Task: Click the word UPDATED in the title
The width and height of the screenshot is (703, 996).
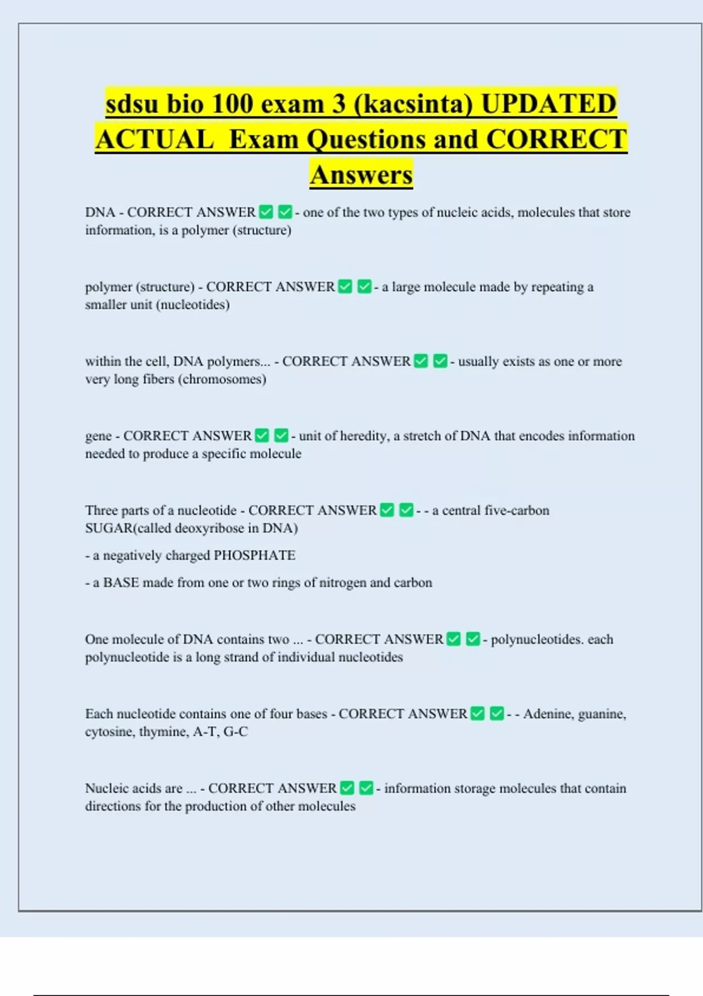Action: (548, 104)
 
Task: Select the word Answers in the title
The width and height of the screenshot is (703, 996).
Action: (361, 175)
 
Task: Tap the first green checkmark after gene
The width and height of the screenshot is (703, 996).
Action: (262, 435)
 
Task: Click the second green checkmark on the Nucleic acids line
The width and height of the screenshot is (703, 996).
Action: (366, 788)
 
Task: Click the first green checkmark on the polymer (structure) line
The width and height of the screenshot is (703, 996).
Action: (346, 286)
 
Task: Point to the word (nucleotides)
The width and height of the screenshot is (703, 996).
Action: (193, 305)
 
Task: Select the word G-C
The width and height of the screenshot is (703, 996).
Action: (236, 731)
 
